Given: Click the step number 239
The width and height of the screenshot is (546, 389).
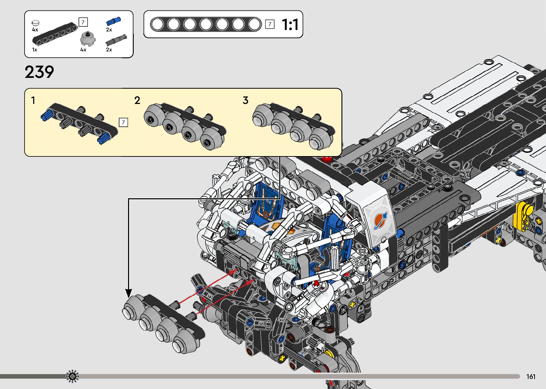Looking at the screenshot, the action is coord(39,72).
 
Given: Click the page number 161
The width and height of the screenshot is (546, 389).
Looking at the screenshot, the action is coord(531,376).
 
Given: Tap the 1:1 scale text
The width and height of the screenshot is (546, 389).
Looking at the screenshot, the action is coord(290,25).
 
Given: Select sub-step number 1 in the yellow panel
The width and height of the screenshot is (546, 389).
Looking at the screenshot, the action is coord(33,100).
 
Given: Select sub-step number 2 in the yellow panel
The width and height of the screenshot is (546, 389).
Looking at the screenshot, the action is coord(137,100).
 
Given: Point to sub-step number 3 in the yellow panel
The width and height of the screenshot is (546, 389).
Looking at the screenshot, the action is coord(245,100).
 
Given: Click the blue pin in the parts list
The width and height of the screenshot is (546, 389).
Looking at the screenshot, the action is coord(113,21).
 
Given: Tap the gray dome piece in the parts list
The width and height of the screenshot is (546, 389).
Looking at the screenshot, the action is coord(88,39).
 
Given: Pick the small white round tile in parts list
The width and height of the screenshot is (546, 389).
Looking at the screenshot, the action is coord(36,23).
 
